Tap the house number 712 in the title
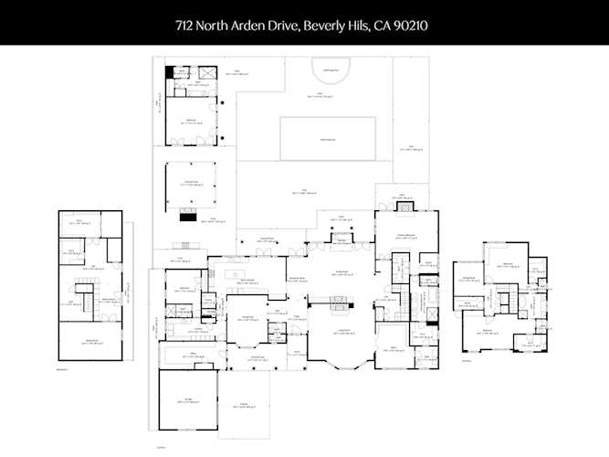click(187, 27)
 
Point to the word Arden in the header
click(254, 27)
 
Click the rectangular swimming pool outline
click(329, 138)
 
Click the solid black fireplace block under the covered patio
click(188, 216)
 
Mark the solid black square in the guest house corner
click(169, 71)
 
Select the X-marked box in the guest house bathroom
click(207, 72)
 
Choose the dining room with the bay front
click(245, 330)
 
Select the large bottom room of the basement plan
click(91, 343)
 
